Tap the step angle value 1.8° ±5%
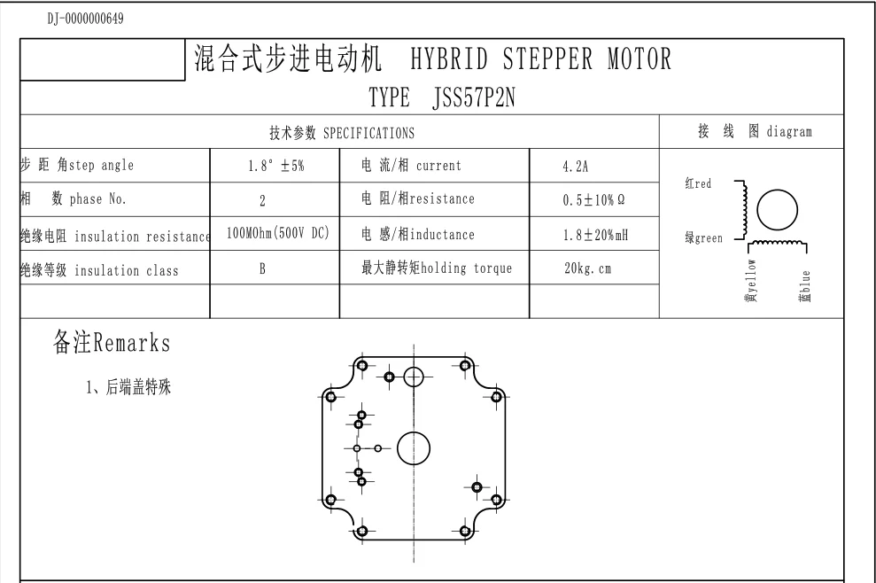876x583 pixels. (275, 166)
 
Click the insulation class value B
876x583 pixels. (262, 270)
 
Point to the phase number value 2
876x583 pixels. (263, 201)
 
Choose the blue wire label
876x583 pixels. (805, 285)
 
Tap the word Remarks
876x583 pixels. (132, 341)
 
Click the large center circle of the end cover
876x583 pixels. (413, 448)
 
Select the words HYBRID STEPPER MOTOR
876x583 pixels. (540, 59)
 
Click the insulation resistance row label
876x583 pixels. (114, 236)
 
